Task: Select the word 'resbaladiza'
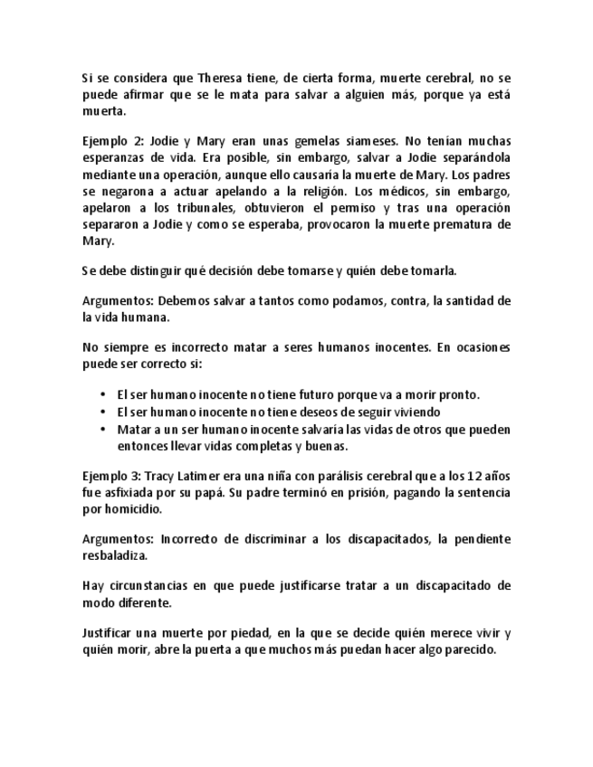coord(116,555)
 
